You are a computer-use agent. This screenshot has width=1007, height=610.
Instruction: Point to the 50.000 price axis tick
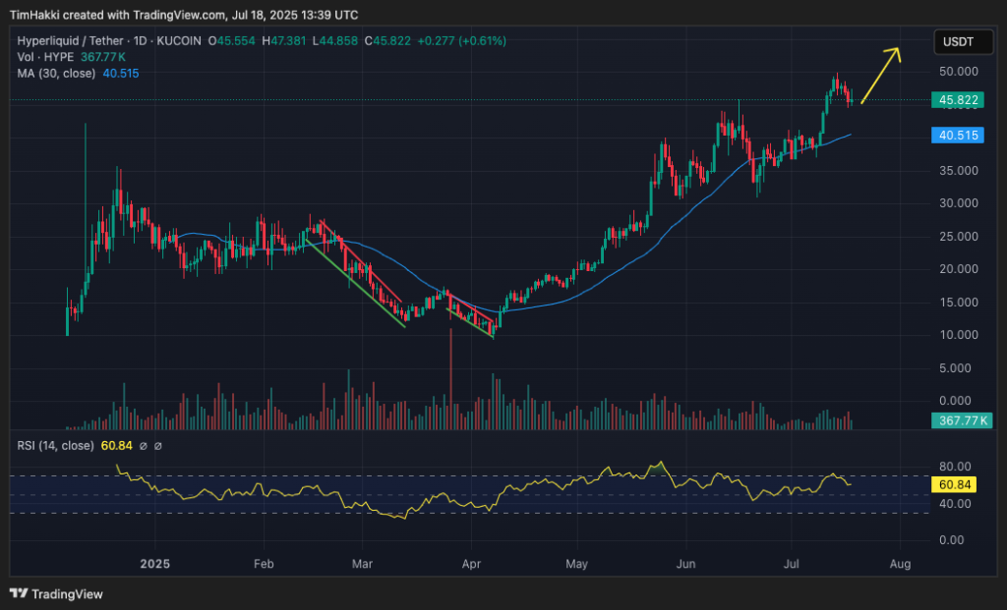[957, 72]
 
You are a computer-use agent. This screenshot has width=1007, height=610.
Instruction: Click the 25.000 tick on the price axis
[957, 237]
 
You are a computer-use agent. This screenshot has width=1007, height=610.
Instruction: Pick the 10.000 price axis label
[957, 335]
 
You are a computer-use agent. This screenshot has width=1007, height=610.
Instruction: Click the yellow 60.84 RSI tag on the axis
[956, 484]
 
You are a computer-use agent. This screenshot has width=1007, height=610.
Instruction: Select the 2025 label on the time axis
[155, 564]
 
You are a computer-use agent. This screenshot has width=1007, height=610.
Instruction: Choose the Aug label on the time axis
[900, 564]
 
